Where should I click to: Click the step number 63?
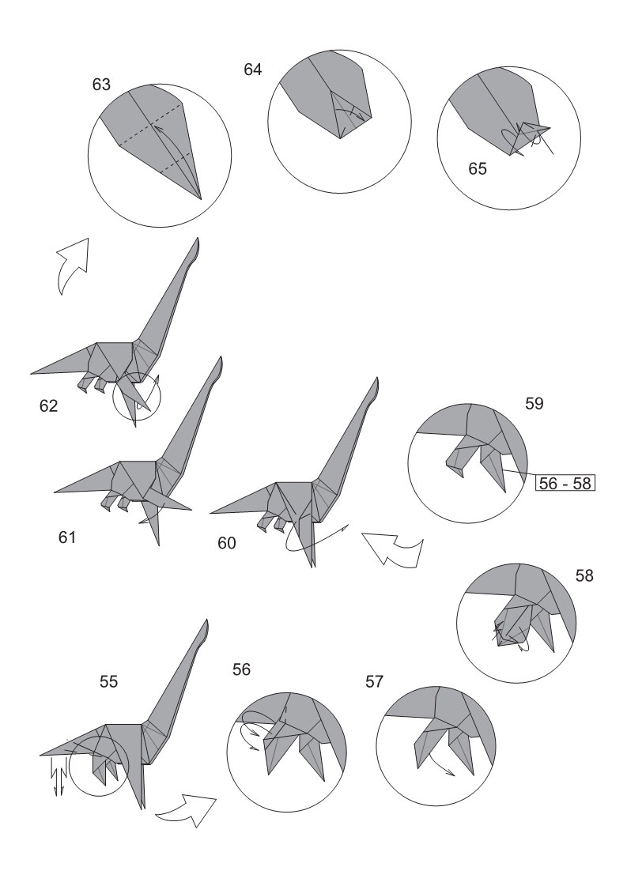coord(101,85)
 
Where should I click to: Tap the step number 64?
coord(253,70)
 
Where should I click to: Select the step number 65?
coord(478,169)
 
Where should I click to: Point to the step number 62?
coord(48,405)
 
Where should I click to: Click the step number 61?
coord(66,537)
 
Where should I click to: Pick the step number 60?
coord(227,543)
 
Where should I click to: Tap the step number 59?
coord(534,403)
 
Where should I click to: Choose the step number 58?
coord(584,576)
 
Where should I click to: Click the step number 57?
coord(374,682)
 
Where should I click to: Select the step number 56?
coord(241,669)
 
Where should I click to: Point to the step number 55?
coord(108,682)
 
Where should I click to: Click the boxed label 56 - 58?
coord(565,483)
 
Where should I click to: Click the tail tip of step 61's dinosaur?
coord(55,491)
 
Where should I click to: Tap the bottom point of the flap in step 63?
coord(202,199)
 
